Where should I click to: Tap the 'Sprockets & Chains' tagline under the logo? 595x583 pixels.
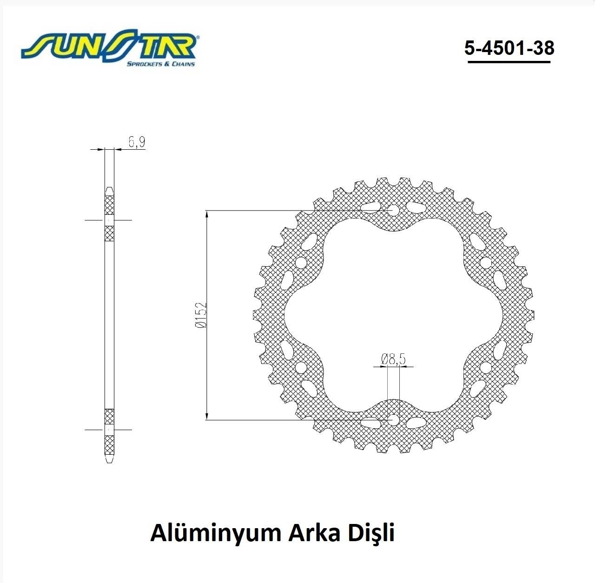point(161,64)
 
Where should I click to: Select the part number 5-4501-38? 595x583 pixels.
point(509,47)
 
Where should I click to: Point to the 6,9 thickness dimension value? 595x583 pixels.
point(136,142)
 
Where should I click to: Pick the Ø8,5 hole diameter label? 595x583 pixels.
point(393,359)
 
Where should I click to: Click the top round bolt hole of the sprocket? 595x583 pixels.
point(393,211)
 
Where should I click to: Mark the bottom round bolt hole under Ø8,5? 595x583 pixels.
point(393,420)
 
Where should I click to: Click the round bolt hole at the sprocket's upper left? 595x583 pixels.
point(302,263)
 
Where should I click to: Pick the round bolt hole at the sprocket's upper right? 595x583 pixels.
point(485,263)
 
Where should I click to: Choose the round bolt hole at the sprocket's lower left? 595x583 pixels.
point(302,368)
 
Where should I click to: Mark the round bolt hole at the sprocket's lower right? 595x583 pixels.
point(485,368)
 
